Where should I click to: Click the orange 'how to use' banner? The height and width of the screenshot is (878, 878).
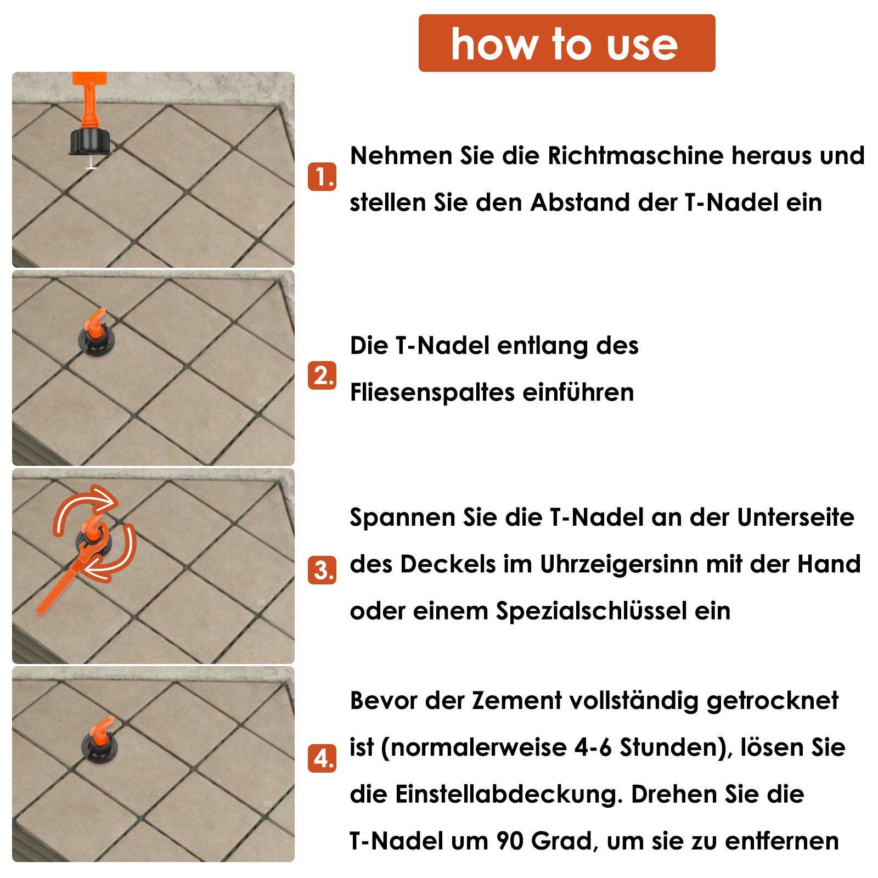click(566, 43)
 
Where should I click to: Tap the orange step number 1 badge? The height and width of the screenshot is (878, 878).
click(322, 177)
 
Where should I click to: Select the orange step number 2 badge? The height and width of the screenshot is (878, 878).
click(322, 375)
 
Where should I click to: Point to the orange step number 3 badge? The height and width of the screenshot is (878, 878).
click(322, 570)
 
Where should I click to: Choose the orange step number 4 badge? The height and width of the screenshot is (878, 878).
click(322, 759)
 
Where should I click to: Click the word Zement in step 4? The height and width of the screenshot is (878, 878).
click(510, 701)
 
